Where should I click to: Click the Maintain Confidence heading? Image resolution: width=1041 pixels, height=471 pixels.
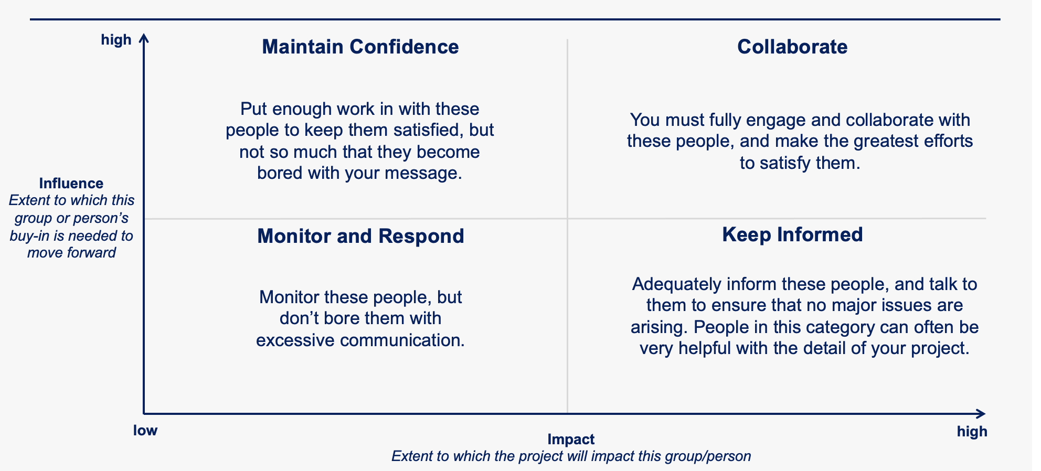pos(360,47)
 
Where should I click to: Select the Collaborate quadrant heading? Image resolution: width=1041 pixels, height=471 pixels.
pos(792,47)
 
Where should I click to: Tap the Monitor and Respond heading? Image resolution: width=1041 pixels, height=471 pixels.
pos(360,236)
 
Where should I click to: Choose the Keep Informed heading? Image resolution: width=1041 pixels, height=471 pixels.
pos(792,234)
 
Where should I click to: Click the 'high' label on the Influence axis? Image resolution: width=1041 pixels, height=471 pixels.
pos(116,40)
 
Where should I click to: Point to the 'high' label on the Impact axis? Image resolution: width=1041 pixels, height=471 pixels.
pos(972,432)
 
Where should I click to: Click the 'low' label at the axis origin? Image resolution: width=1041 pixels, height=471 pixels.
pos(145,431)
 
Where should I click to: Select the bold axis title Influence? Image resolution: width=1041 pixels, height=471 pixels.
pos(71,184)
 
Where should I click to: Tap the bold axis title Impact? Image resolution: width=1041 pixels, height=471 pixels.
pos(571,440)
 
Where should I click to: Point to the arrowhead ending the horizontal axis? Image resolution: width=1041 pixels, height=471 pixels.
pos(980,414)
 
